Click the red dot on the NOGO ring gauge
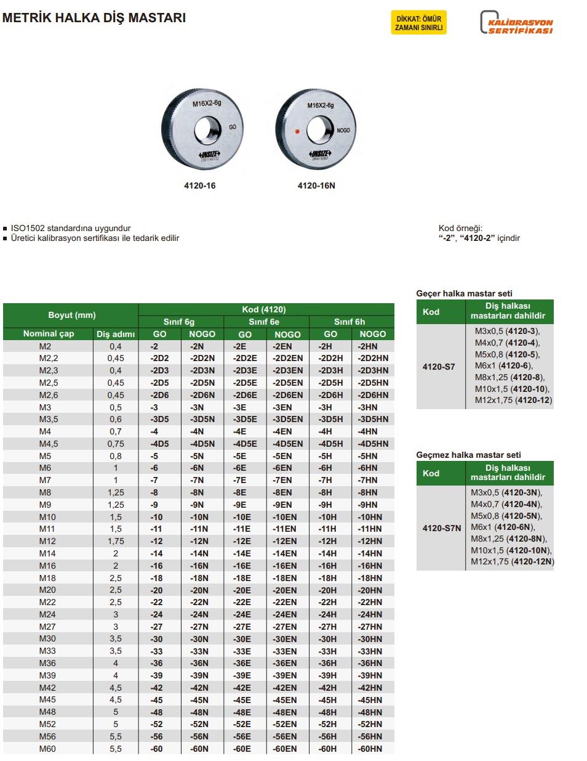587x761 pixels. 297,131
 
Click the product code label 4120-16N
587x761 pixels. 316,185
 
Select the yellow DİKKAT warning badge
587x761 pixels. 419,23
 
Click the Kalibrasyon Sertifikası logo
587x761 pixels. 516,23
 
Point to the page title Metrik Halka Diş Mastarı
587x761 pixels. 94,18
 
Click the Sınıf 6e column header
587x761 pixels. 264,322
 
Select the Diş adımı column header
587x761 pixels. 115,334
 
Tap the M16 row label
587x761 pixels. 47,566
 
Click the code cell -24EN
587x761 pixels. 285,614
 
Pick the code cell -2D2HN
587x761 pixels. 373,358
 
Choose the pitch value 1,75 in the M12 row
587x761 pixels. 115,541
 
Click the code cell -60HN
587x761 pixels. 370,749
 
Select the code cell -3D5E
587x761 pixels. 244,419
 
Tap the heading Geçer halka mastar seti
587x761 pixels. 464,293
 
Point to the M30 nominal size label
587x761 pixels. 47,639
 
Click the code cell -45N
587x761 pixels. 199,700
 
